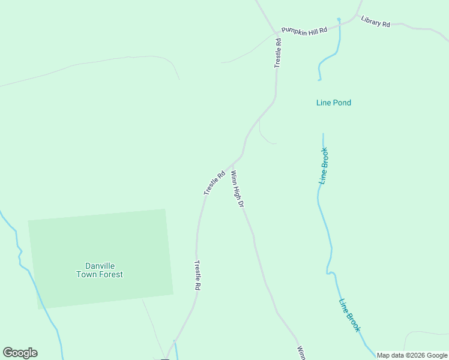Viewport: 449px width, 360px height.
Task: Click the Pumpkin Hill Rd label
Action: [304, 30]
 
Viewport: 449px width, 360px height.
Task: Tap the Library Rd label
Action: [376, 21]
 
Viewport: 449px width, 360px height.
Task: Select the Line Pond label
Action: [333, 103]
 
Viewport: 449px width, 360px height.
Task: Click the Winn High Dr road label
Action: [238, 190]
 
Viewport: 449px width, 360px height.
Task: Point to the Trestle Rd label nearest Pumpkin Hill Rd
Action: [278, 53]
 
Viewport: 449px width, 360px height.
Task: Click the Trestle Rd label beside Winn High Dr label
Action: [214, 182]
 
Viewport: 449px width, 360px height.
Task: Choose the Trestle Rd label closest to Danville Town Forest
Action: [196, 275]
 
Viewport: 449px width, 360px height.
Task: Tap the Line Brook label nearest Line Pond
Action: [324, 165]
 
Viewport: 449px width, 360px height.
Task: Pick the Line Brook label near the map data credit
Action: [349, 316]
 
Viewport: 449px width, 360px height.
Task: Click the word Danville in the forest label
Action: [100, 266]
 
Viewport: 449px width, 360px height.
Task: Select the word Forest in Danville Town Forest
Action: [112, 275]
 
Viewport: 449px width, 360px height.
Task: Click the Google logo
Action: [20, 353]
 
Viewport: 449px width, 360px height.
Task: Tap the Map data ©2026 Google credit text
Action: [412, 355]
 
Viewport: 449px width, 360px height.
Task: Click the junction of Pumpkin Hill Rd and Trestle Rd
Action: [277, 33]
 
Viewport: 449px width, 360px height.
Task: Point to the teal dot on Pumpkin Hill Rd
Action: [339, 20]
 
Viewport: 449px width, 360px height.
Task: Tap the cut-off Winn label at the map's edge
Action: [301, 352]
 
